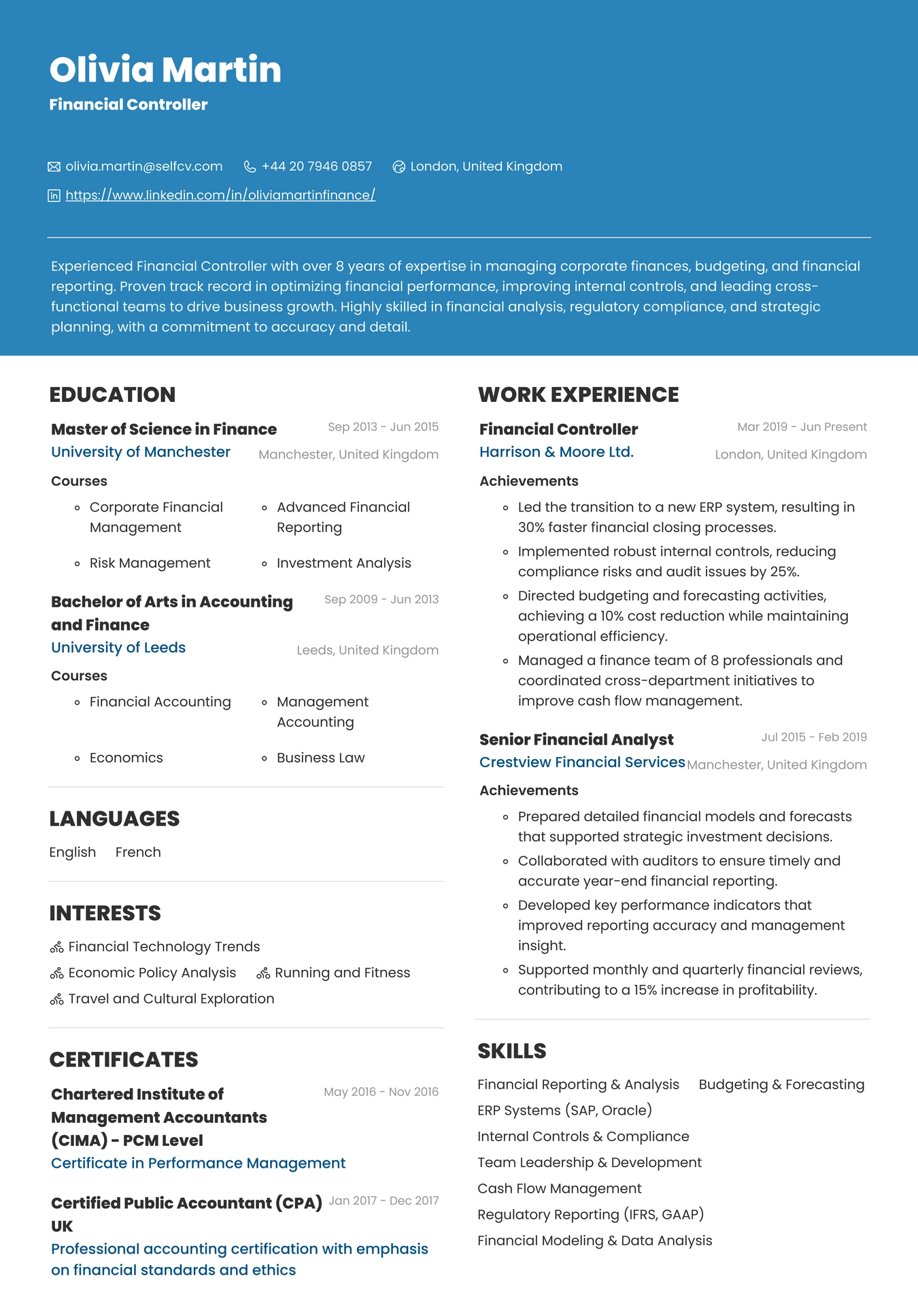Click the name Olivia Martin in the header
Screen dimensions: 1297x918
pyautogui.click(x=165, y=70)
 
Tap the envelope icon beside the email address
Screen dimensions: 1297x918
pyautogui.click(x=54, y=167)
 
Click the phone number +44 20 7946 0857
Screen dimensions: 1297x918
pyautogui.click(x=316, y=167)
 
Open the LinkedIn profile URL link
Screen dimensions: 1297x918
pyautogui.click(x=220, y=195)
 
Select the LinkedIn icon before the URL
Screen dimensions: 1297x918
pyautogui.click(x=54, y=196)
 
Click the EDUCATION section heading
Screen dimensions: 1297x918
pyautogui.click(x=112, y=394)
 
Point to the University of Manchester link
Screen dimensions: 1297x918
pyautogui.click(x=141, y=452)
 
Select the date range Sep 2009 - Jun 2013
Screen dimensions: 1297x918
pyautogui.click(x=381, y=599)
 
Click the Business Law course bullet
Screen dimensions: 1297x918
pyautogui.click(x=320, y=758)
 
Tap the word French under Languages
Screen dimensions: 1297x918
pyautogui.click(x=138, y=852)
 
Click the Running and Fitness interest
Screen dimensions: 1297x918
pyautogui.click(x=342, y=973)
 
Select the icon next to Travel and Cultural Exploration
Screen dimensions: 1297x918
pyautogui.click(x=56, y=999)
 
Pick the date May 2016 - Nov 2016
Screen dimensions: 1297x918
pyautogui.click(x=381, y=1092)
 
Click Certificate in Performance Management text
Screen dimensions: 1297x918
pyautogui.click(x=198, y=1163)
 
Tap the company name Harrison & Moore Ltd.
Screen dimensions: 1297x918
pyautogui.click(x=556, y=452)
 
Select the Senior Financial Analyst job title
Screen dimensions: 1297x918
pyautogui.click(x=576, y=739)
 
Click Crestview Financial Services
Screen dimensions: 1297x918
pyautogui.click(x=582, y=762)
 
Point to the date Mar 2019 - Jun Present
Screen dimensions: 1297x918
pyautogui.click(x=802, y=427)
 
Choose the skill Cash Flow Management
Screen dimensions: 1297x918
pyautogui.click(x=559, y=1188)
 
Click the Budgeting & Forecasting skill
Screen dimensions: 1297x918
pyautogui.click(x=781, y=1084)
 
